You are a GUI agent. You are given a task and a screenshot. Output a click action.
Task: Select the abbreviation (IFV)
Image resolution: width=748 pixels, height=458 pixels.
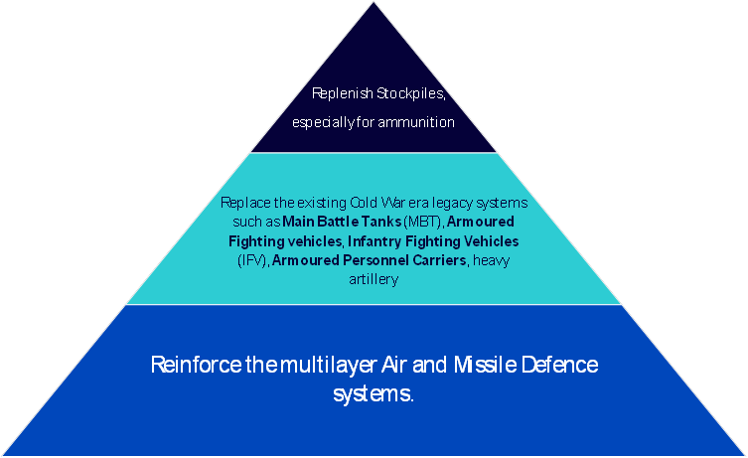point(253,260)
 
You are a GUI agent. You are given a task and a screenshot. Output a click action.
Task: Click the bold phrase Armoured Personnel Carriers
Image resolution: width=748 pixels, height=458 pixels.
point(370,260)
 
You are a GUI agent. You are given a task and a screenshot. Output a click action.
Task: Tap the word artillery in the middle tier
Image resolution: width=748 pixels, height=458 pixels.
point(374,279)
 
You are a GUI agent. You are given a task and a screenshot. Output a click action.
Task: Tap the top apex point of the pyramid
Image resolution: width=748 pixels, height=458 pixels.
point(374,3)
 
